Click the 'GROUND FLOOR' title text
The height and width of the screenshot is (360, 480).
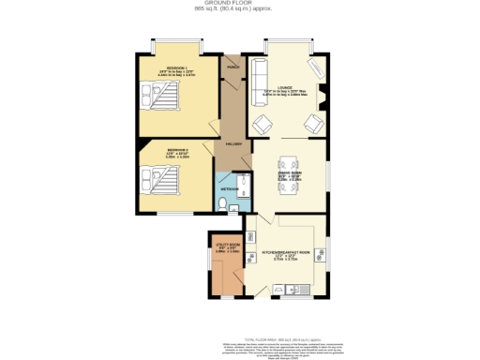(240, 4)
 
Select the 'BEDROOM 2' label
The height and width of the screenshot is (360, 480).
(178, 150)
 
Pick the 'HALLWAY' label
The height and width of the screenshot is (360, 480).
(233, 143)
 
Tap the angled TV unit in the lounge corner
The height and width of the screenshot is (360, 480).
(317, 67)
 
